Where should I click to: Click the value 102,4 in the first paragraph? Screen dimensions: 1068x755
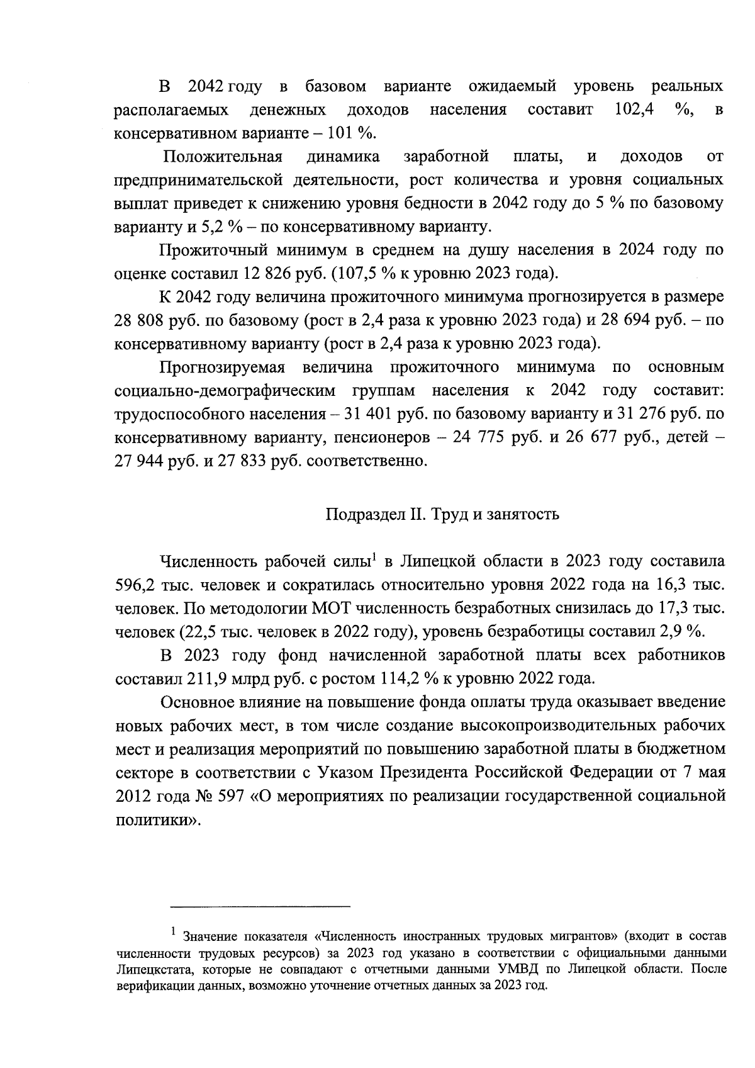point(633,110)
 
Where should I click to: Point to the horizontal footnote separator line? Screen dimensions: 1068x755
point(260,906)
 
